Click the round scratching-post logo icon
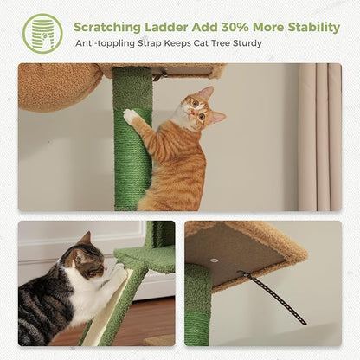42,33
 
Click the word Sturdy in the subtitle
243,42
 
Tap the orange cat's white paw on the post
131,115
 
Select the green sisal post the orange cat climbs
132,164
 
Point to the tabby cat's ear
85,239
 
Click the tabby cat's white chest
87,299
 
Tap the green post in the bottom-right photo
198,307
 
